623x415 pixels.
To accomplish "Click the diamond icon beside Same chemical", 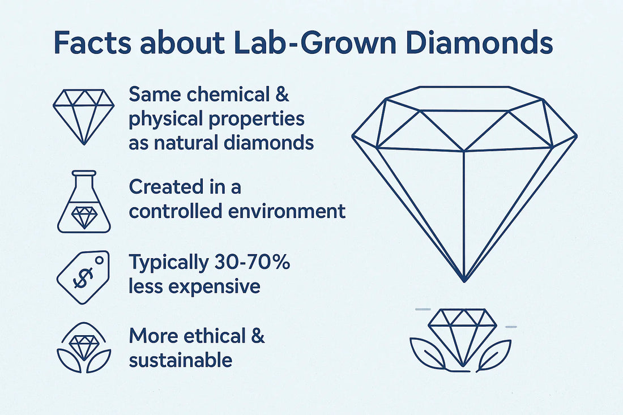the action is [x=83, y=117].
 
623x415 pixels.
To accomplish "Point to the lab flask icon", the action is [x=84, y=202].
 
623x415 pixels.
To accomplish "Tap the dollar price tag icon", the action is [x=83, y=277].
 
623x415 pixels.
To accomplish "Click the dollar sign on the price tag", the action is [x=83, y=277].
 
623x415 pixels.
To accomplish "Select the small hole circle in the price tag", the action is [x=99, y=260].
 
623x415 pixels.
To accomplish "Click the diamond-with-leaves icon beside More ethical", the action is [x=84, y=348].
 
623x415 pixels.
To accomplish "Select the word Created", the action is [x=163, y=187].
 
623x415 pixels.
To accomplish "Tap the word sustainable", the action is [x=180, y=360].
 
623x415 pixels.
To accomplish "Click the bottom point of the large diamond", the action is [x=464, y=281].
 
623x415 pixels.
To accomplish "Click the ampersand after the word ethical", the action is [x=258, y=336].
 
